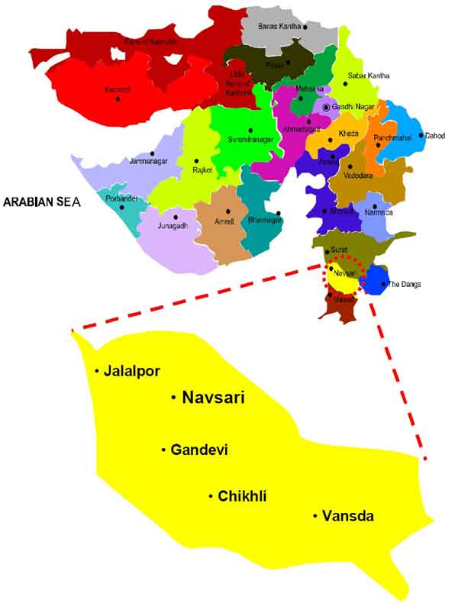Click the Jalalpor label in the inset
pos(133,372)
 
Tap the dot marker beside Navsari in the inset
pos(174,397)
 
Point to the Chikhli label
pos(242,497)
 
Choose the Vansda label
pos(348,517)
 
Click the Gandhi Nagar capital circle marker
pos(327,108)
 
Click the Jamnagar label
pos(127,162)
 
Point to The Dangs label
pos(404,285)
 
